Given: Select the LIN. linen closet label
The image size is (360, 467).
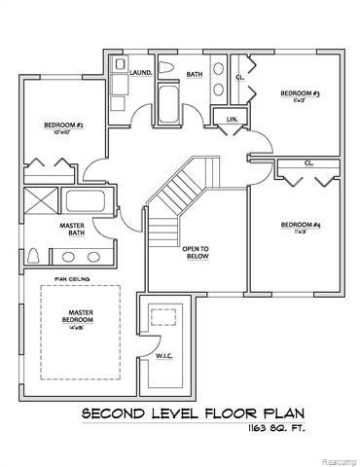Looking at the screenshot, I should (232, 118).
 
